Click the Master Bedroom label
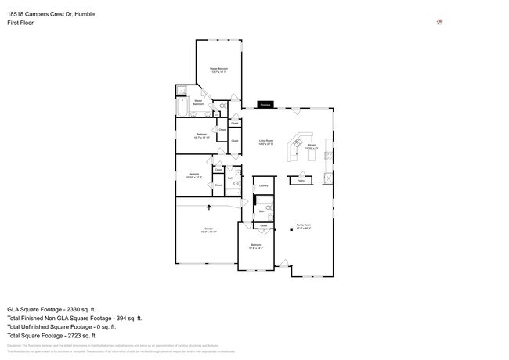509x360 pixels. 218,70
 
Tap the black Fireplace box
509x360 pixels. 265,104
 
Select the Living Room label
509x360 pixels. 265,142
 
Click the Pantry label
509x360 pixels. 300,181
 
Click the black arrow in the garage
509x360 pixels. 209,207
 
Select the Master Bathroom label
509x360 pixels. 199,102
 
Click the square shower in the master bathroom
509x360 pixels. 181,89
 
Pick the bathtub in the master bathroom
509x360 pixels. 182,106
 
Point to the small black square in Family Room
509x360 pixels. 292,229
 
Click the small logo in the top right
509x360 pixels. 439,22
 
